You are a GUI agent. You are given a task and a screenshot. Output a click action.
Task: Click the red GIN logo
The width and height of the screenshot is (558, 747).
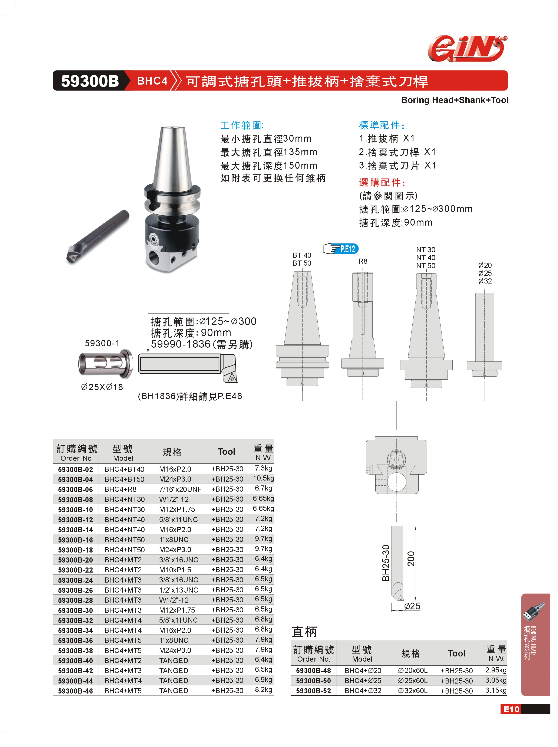click(x=468, y=49)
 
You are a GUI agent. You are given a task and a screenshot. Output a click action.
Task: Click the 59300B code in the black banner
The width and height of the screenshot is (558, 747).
click(x=90, y=81)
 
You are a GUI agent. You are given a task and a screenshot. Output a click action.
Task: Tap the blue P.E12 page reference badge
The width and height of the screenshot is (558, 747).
click(x=341, y=249)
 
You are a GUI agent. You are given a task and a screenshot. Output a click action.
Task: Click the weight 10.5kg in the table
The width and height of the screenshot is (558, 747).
click(x=263, y=478)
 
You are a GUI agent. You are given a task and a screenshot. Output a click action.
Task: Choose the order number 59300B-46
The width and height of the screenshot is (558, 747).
click(x=75, y=691)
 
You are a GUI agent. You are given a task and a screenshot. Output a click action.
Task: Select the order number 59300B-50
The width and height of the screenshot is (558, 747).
click(x=313, y=681)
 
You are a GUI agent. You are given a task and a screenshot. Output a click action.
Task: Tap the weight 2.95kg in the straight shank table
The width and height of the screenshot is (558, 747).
click(x=496, y=670)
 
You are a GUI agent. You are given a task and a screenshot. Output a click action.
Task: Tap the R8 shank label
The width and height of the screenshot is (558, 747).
click(x=363, y=261)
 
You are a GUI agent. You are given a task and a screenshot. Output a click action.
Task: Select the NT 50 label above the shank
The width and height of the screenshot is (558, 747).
click(x=426, y=266)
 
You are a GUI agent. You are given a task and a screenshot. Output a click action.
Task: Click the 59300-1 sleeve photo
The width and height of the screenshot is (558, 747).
click(x=106, y=363)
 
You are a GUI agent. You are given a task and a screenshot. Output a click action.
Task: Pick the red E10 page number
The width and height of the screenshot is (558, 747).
click(x=511, y=709)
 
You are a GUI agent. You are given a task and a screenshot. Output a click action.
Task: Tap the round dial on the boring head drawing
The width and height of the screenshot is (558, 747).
click(x=396, y=459)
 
